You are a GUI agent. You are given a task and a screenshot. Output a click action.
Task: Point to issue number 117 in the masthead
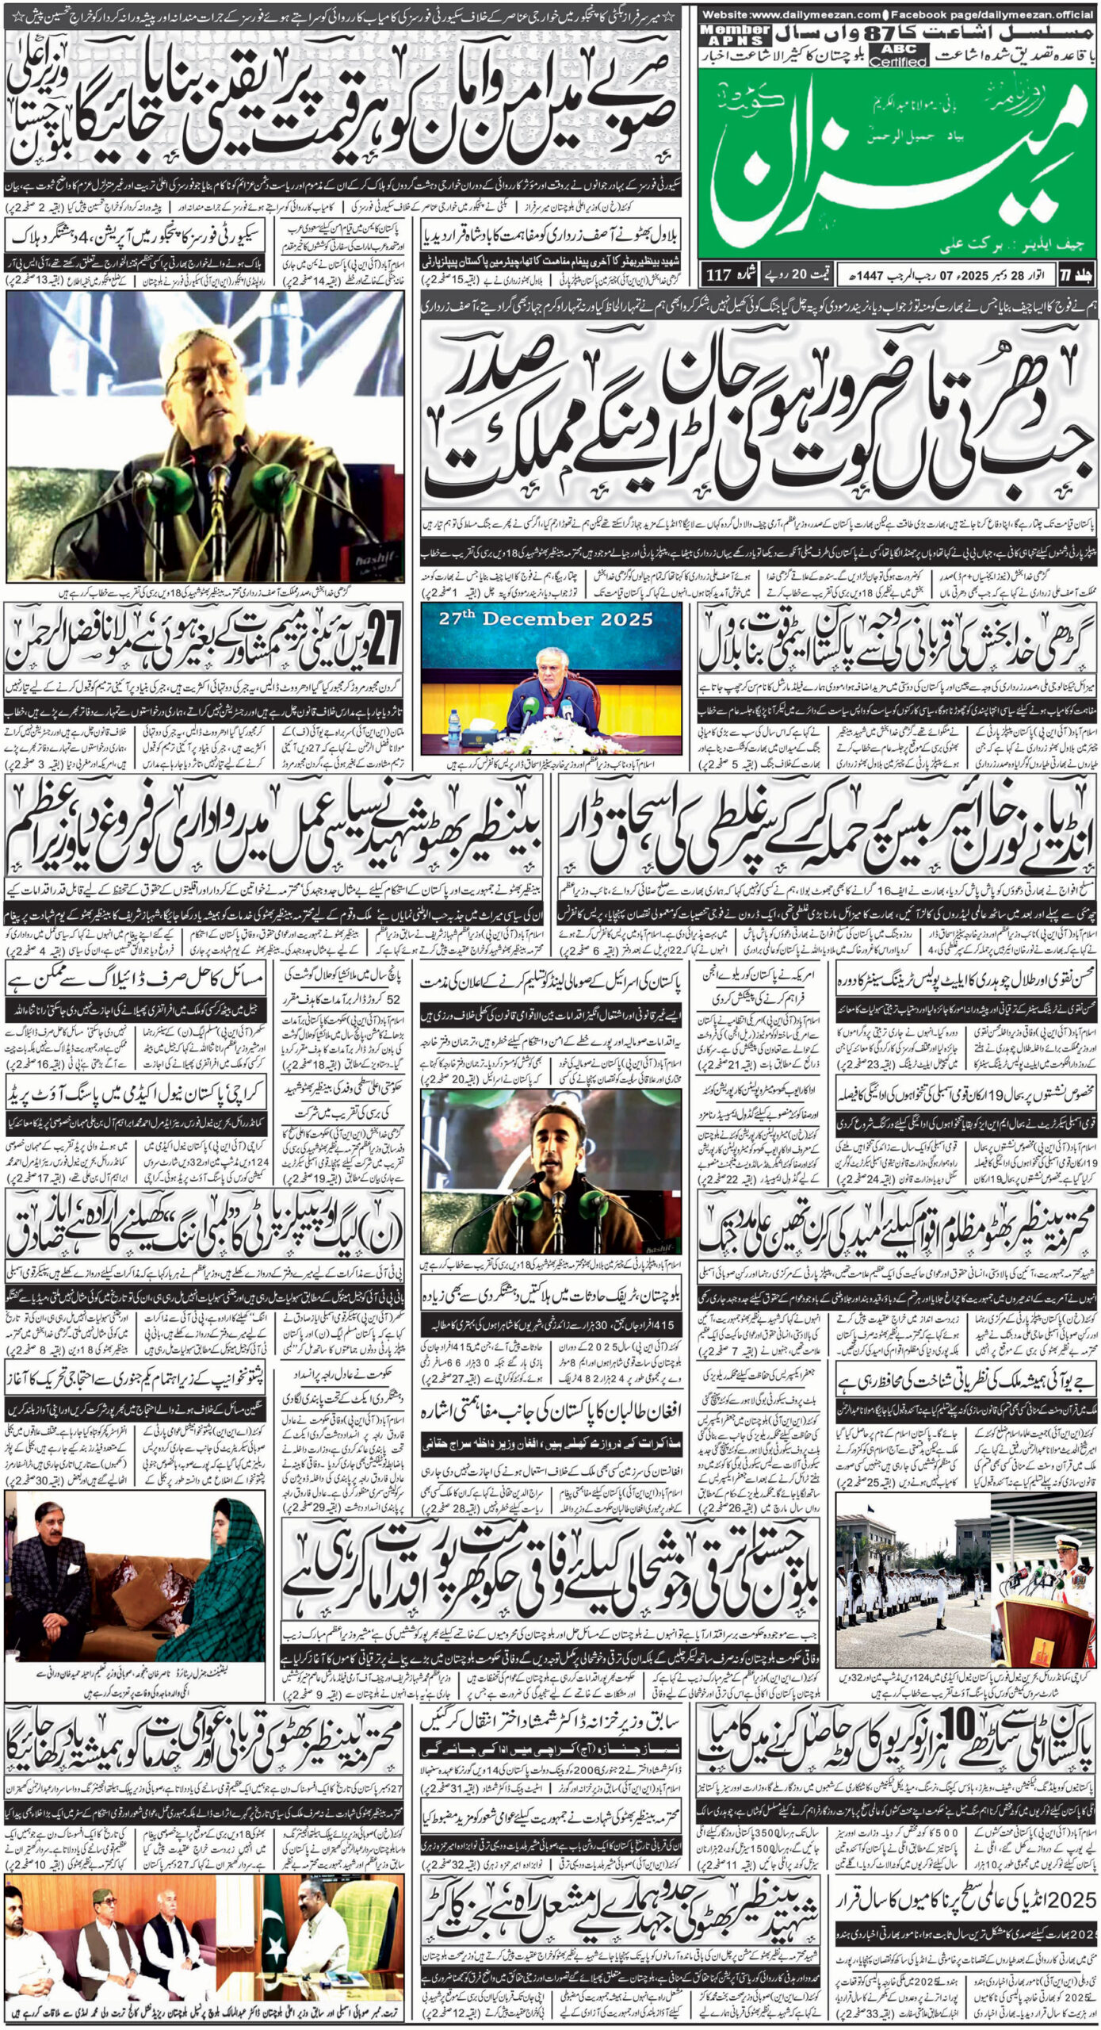[x=721, y=276]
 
